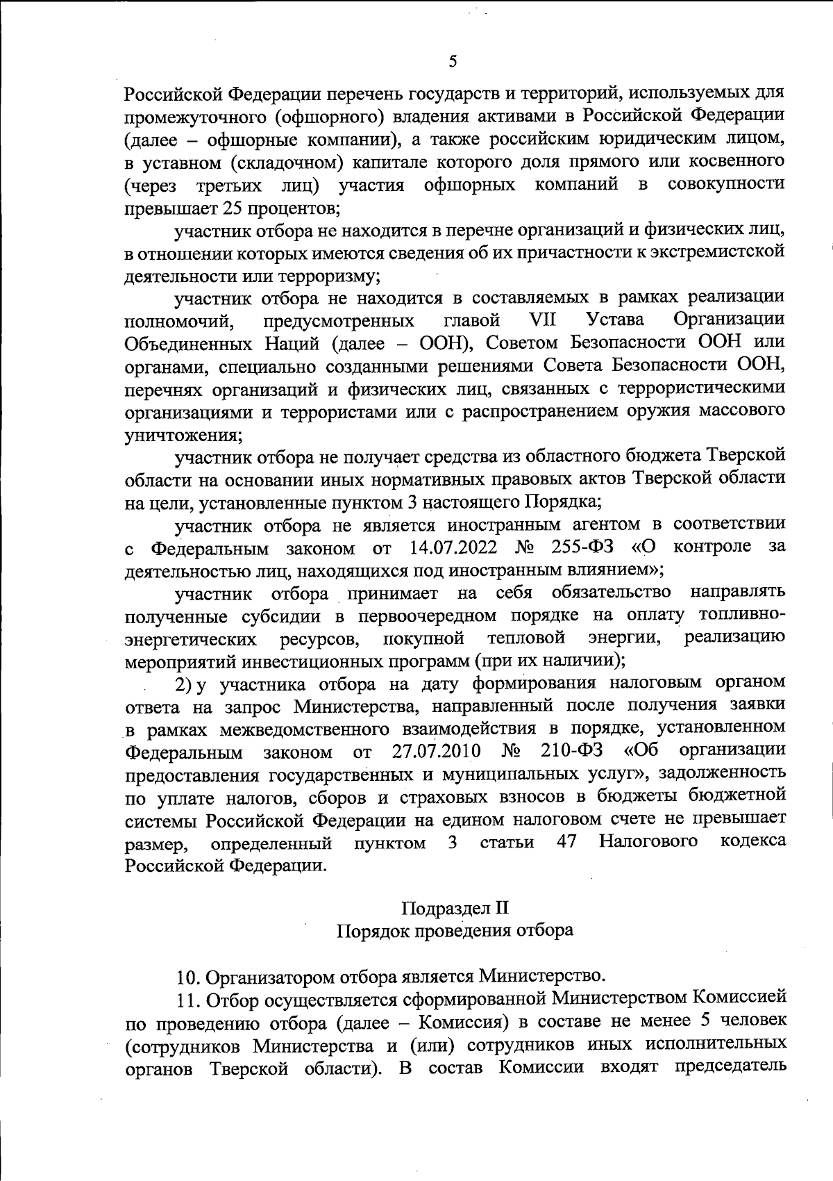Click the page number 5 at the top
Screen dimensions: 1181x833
pos(453,61)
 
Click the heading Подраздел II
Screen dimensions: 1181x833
pos(455,907)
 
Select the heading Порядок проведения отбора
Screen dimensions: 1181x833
pos(455,930)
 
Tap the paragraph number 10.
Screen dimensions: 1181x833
pos(188,977)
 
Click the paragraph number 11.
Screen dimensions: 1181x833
pos(187,1000)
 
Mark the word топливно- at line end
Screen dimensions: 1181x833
pos(742,615)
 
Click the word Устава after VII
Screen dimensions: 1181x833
pos(615,320)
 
